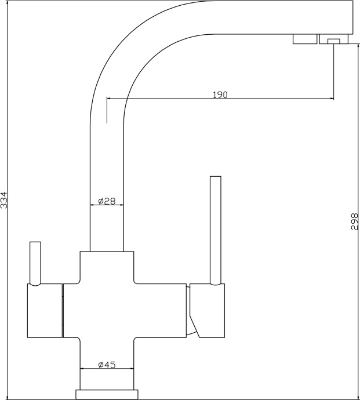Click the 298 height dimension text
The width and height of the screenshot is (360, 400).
pyautogui.click(x=355, y=221)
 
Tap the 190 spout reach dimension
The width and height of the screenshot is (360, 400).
pyautogui.click(x=220, y=94)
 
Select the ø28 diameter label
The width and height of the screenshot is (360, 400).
pyautogui.click(x=107, y=201)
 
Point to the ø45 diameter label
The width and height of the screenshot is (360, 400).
pyautogui.click(x=107, y=365)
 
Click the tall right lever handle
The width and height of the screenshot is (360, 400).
pyautogui.click(x=215, y=230)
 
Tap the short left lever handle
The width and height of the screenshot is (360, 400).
pyautogui.click(x=35, y=263)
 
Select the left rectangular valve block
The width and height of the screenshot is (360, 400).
pyautogui.click(x=45, y=311)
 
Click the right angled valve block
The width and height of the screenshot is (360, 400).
pyautogui.click(x=207, y=311)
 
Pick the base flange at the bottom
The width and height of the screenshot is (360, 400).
pyautogui.click(x=107, y=395)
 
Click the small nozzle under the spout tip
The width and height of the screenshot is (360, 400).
pyautogui.click(x=334, y=41)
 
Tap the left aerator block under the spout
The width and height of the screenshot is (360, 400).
pyautogui.click(x=305, y=39)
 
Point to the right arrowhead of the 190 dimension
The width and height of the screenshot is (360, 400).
pyautogui.click(x=332, y=98)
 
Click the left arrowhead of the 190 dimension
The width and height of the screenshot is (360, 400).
pyautogui.click(x=108, y=98)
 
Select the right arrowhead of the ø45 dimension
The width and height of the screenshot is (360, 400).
pyautogui.click(x=132, y=368)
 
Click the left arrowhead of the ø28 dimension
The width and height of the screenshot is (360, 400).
pyautogui.click(x=92, y=205)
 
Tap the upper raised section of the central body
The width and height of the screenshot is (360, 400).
pyautogui.click(x=107, y=267)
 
